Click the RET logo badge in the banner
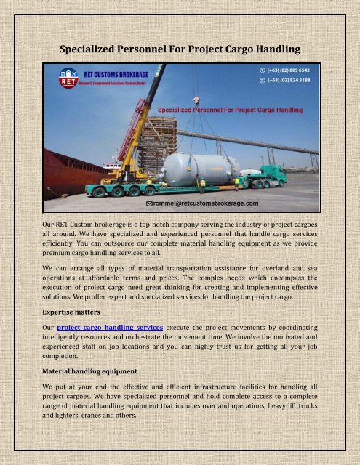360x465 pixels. (58, 76)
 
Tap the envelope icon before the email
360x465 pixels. (149, 205)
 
